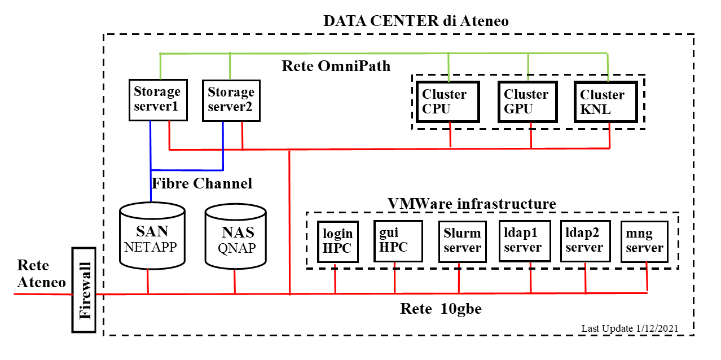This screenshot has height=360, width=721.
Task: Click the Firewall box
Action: click(86, 289)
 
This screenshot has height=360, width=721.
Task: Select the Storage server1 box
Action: click(157, 99)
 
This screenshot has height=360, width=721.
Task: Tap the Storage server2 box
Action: click(231, 100)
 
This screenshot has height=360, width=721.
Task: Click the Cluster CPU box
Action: click(448, 102)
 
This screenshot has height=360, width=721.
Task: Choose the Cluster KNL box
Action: click(605, 102)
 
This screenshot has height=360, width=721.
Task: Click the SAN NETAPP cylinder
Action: click(152, 238)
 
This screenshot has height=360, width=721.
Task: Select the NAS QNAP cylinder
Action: click(236, 238)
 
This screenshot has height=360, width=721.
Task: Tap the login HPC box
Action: click(338, 241)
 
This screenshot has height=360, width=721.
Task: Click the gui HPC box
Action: click(398, 240)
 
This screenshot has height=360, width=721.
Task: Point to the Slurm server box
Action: click(462, 240)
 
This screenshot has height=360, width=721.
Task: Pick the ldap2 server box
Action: click(584, 240)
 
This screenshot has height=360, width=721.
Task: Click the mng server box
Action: click(644, 241)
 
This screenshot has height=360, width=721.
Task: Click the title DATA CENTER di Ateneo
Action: click(416, 21)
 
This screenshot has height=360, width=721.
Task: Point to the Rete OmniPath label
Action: click(336, 66)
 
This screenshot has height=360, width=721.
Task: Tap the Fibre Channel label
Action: click(202, 183)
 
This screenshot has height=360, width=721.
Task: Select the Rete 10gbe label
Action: click(441, 309)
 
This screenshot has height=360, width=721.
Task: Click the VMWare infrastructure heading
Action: click(472, 203)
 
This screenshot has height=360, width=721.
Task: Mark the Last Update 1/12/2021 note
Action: click(629, 328)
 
